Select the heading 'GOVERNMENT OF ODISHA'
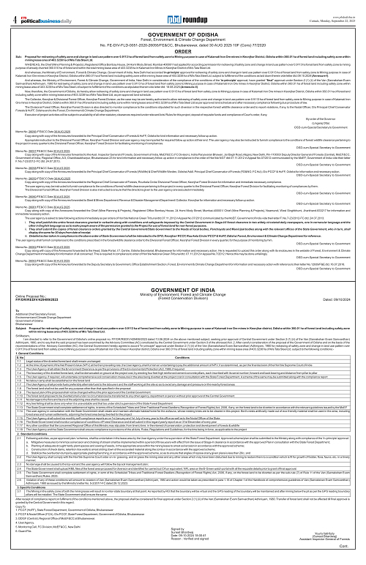(x=183, y=24)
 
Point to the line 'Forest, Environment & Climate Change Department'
(x=183, y=30)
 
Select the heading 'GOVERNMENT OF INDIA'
(x=182, y=291)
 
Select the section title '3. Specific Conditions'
(x=19, y=506)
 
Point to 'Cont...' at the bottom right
(x=354, y=558)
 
